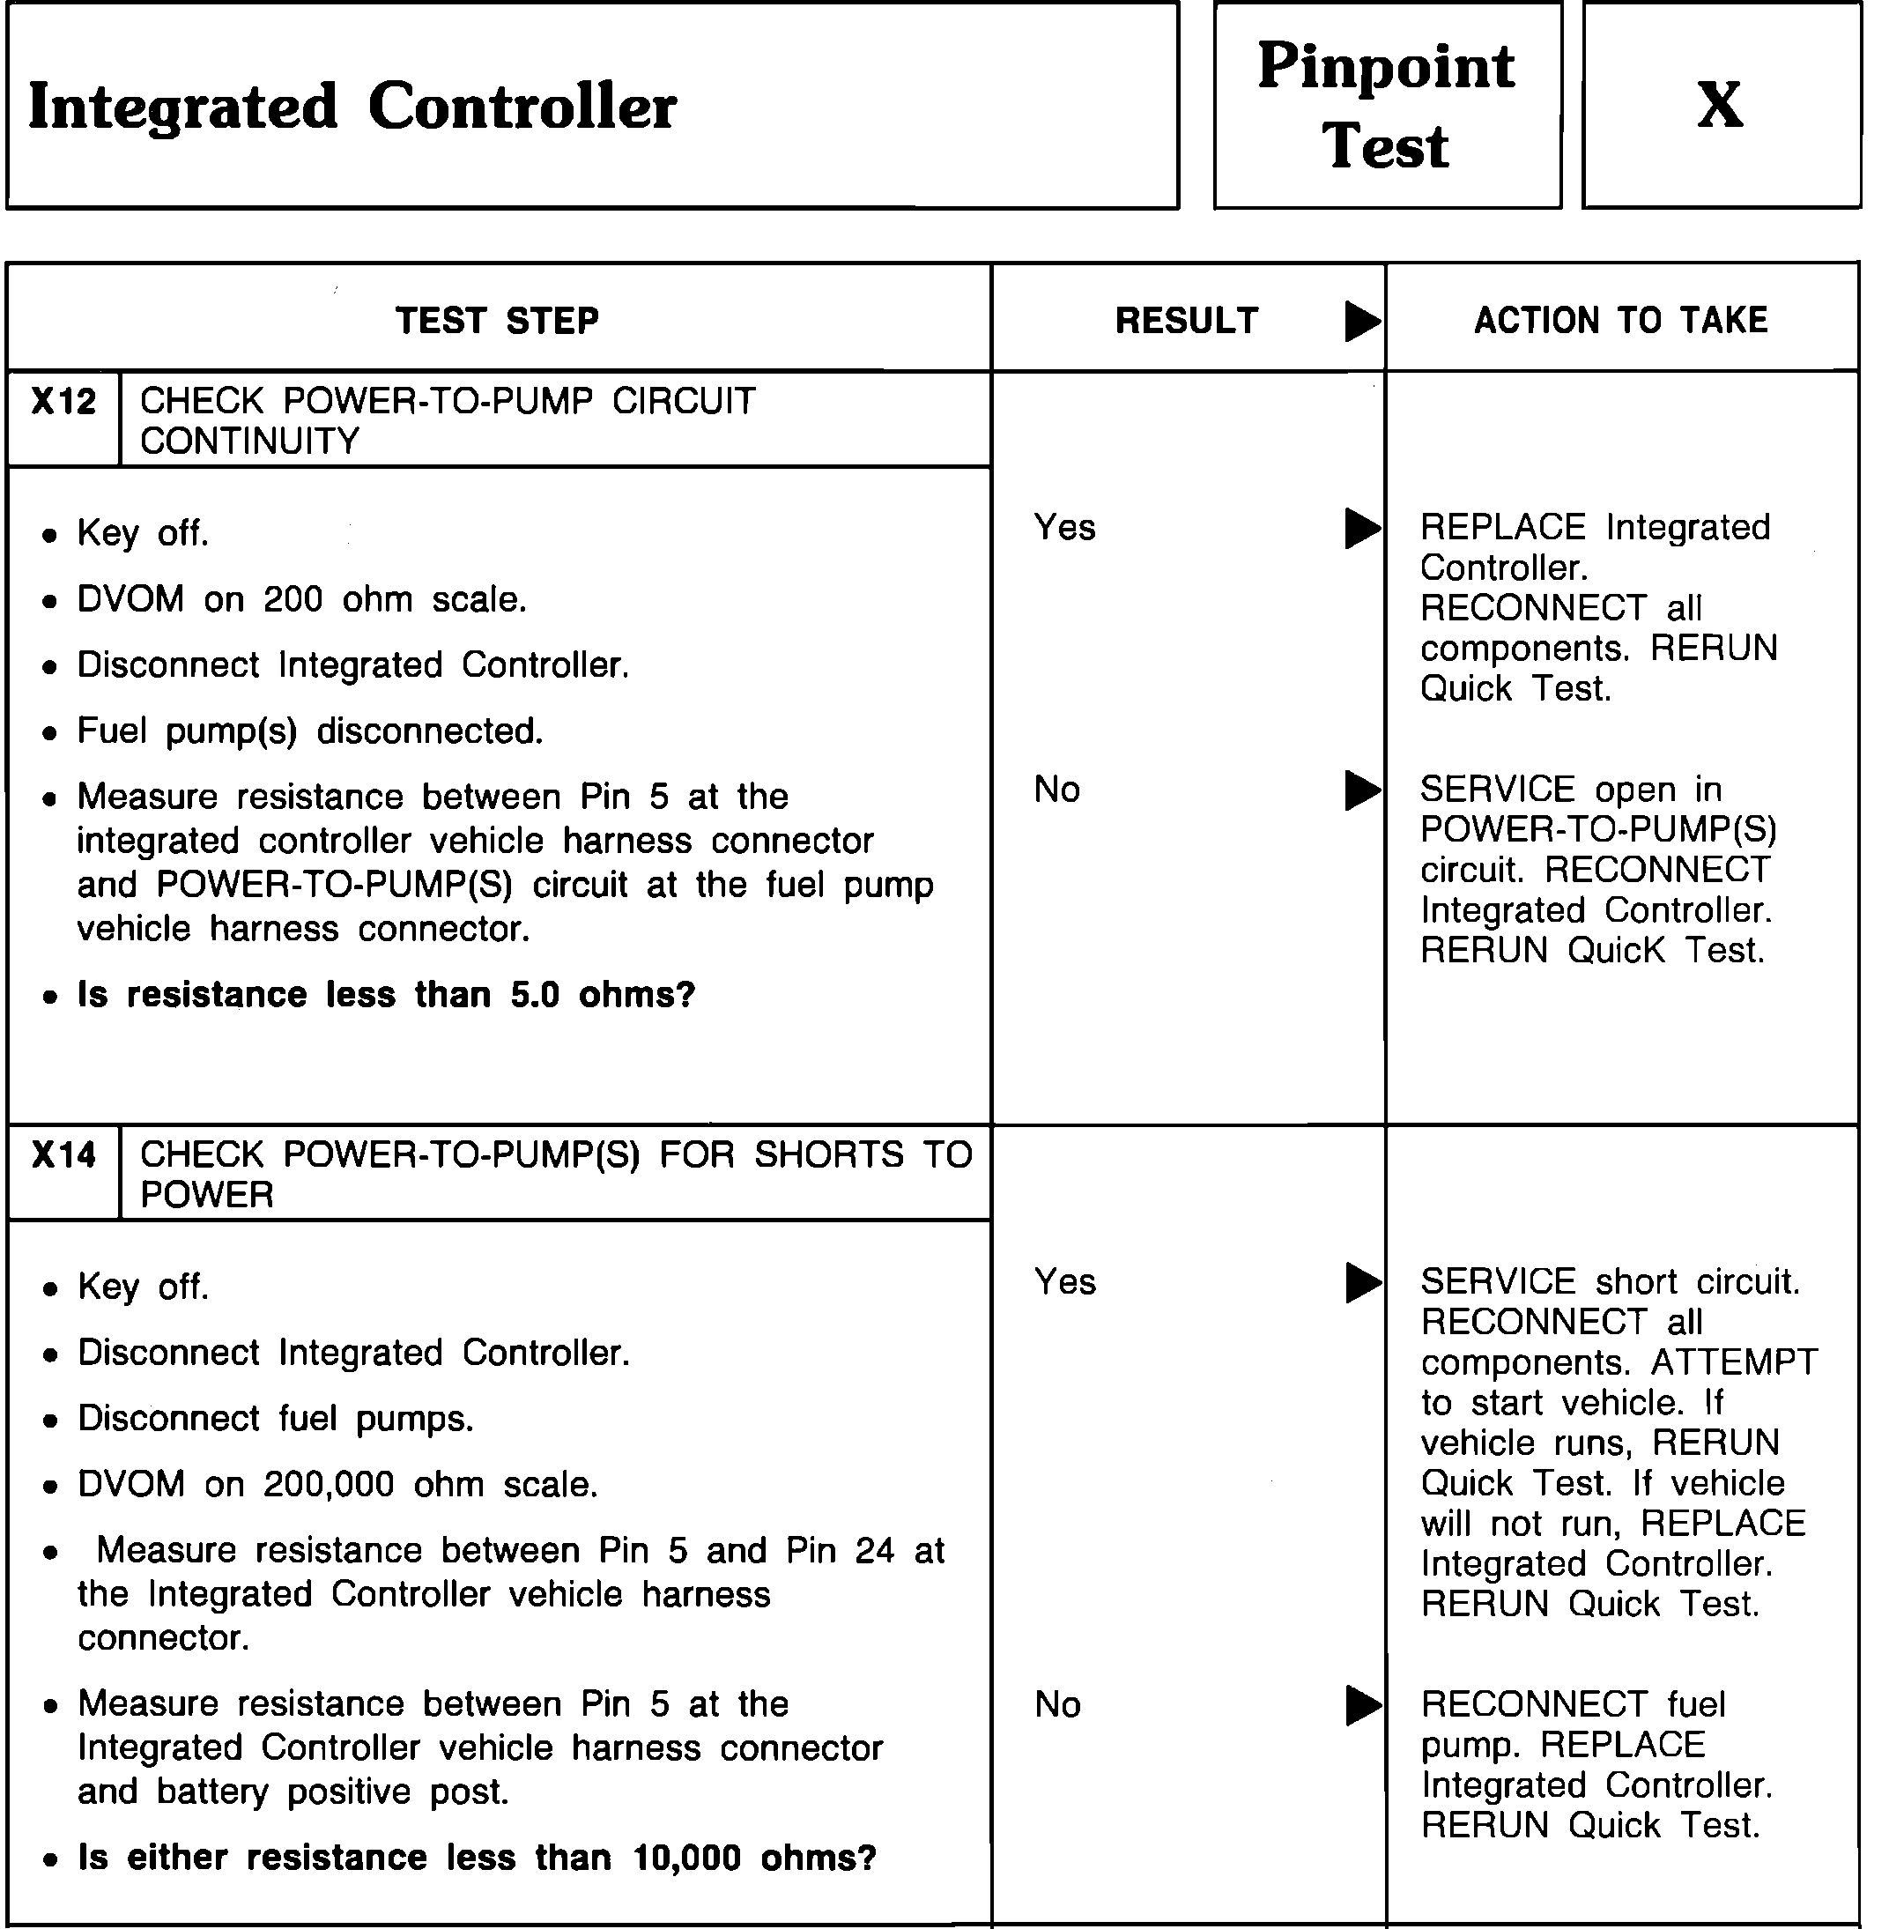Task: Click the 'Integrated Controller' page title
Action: tap(352, 108)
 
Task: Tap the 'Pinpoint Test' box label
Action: tap(1386, 106)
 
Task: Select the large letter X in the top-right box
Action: tap(1719, 104)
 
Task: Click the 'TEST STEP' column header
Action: tap(497, 321)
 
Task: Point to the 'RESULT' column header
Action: tap(1187, 321)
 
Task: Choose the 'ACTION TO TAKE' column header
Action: tap(1621, 321)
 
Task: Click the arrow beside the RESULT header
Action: tap(1361, 321)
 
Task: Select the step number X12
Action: tap(63, 402)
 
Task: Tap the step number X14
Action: tap(63, 1155)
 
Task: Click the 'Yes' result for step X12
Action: tap(1064, 527)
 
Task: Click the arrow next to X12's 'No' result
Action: tap(1361, 790)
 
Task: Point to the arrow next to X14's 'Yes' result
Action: tap(1361, 1282)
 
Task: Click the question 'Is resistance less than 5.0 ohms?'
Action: tap(386, 994)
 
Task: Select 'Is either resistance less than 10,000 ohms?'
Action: tap(478, 1858)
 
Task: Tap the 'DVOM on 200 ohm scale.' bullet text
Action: tap(301, 599)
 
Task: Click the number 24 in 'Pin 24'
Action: tap(873, 1550)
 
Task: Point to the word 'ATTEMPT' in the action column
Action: tap(1733, 1362)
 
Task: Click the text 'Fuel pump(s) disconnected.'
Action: tap(309, 731)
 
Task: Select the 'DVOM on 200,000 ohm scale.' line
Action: tap(337, 1485)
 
